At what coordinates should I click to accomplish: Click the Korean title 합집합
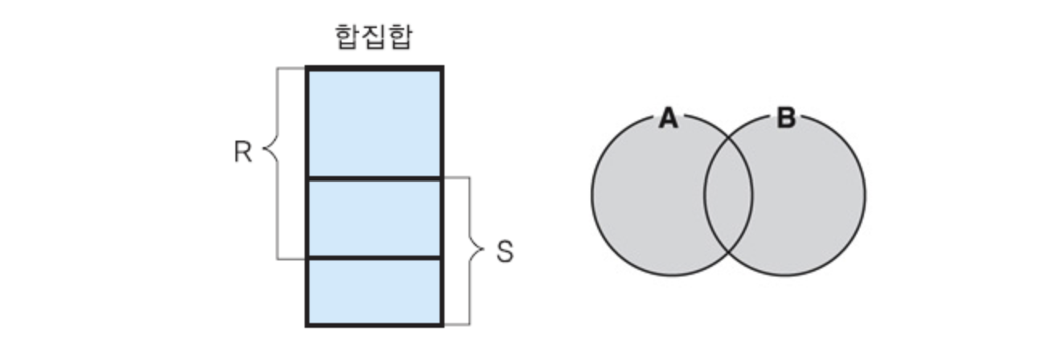pyautogui.click(x=373, y=37)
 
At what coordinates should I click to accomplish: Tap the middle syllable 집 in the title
pyautogui.click(x=373, y=37)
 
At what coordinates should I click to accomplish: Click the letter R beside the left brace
pyautogui.click(x=243, y=153)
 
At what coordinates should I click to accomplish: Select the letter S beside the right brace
pyautogui.click(x=504, y=252)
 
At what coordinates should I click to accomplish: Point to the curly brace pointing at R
pyautogui.click(x=274, y=152)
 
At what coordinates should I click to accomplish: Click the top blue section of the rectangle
pyautogui.click(x=375, y=123)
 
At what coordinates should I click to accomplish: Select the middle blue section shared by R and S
pyautogui.click(x=375, y=217)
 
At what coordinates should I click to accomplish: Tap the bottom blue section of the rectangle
pyautogui.click(x=375, y=291)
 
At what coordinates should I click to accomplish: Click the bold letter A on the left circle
pyautogui.click(x=668, y=119)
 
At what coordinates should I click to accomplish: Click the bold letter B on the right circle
pyautogui.click(x=786, y=119)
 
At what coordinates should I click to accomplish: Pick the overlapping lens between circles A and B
pyautogui.click(x=728, y=195)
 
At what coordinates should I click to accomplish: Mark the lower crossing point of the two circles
pyautogui.click(x=728, y=252)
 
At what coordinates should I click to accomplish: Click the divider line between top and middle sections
pyautogui.click(x=375, y=178)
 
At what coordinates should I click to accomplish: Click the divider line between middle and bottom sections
pyautogui.click(x=375, y=258)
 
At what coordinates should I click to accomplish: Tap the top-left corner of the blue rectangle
pyautogui.click(x=307, y=70)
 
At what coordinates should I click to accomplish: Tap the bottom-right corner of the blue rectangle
pyautogui.click(x=442, y=325)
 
